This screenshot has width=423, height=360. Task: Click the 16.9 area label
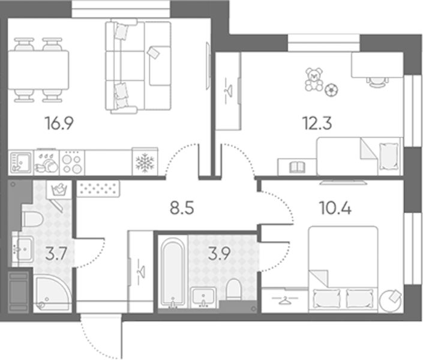[x=59, y=124]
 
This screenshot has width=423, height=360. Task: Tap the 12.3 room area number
[x=317, y=124]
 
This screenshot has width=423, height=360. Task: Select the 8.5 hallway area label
[x=182, y=208]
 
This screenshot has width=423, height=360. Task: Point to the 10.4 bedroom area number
[x=335, y=208]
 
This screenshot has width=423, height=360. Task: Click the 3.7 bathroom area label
[x=56, y=254]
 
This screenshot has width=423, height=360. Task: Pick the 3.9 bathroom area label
[x=219, y=254]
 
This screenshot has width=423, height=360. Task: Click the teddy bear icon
[x=314, y=79]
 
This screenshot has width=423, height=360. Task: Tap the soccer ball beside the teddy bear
[x=331, y=90]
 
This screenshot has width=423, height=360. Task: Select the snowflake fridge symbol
[x=145, y=162]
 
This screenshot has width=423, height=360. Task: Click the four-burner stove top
[x=72, y=163]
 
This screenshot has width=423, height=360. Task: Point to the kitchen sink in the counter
[x=20, y=163]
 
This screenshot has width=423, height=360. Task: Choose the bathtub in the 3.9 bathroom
[x=173, y=272]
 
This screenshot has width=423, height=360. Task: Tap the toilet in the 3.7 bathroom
[x=32, y=219]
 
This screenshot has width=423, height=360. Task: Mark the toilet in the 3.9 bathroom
[x=234, y=289]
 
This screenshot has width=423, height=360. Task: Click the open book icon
[x=297, y=167]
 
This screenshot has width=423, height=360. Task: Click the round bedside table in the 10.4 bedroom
[x=390, y=301]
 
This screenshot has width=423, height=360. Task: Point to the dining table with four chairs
[x=38, y=70]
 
